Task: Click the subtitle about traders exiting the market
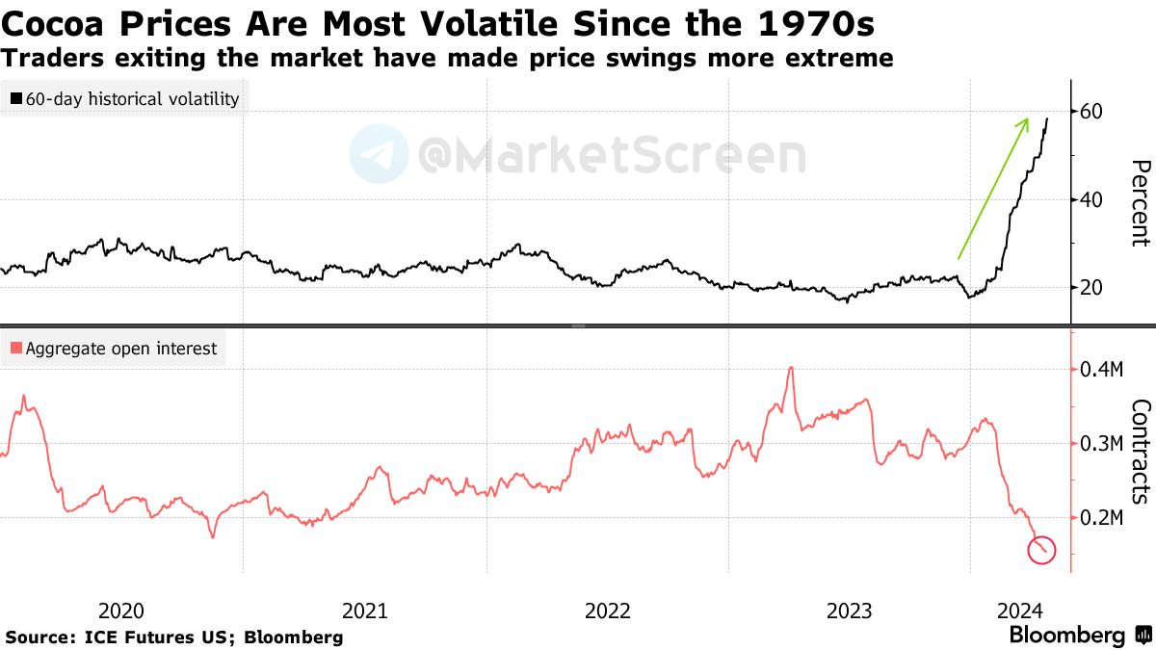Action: tap(447, 58)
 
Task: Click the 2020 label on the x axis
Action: tap(121, 611)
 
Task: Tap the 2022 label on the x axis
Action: tap(608, 611)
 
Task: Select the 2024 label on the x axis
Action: tap(1019, 611)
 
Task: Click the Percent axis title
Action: tap(1140, 202)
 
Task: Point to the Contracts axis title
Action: tap(1140, 451)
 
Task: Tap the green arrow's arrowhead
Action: tap(1025, 121)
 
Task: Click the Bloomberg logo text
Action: tap(1066, 636)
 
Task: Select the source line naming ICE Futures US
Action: tap(174, 637)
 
